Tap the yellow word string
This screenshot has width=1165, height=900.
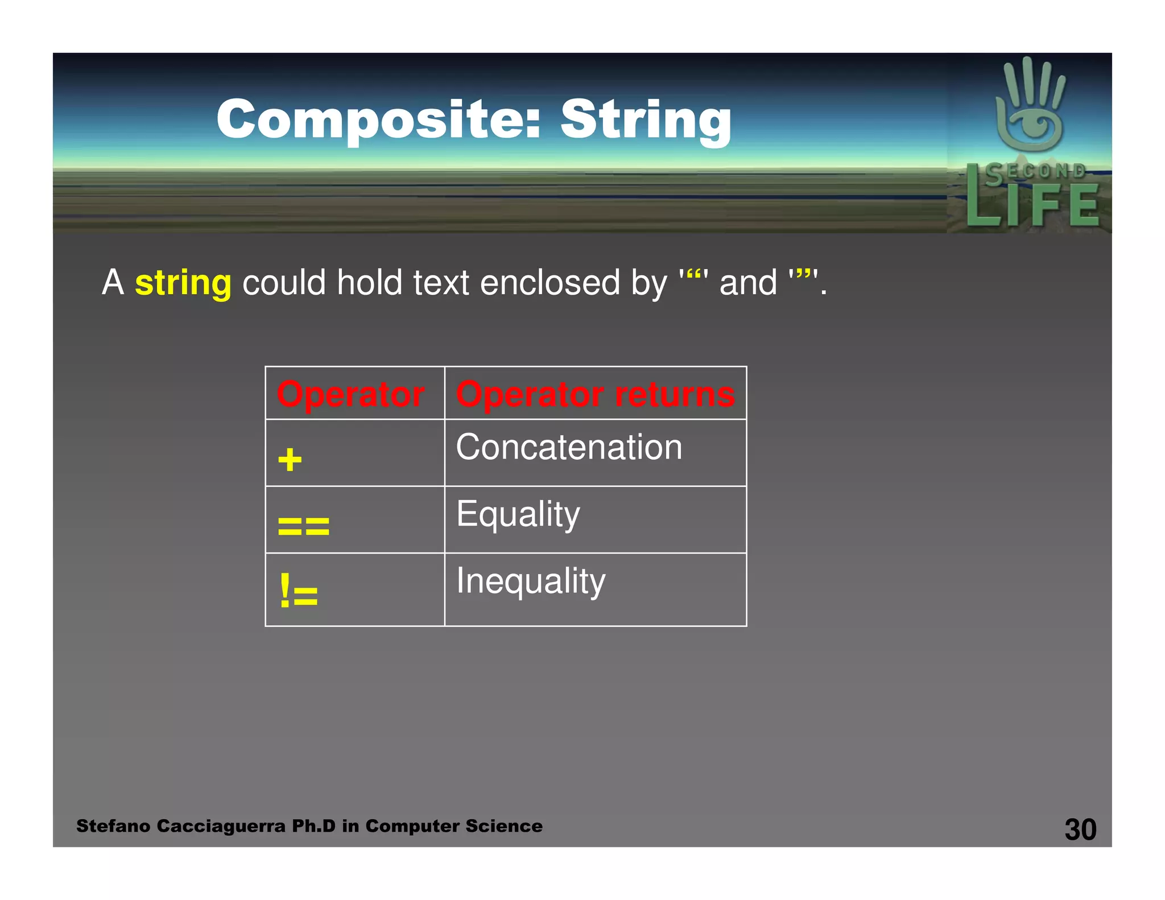[183, 283]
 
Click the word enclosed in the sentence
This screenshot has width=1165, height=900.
[550, 283]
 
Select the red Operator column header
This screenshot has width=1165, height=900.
[350, 394]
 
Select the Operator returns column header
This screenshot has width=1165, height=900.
[595, 394]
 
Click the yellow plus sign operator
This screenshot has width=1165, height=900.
[290, 460]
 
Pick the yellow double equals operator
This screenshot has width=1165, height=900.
[303, 526]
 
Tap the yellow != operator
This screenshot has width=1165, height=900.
[299, 592]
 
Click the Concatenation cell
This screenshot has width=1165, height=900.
[569, 447]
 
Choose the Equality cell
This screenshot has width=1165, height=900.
[518, 514]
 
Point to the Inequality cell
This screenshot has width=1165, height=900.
[531, 581]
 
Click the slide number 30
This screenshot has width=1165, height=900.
[1080, 829]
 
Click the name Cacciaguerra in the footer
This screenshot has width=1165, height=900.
[221, 826]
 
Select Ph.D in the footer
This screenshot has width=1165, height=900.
[313, 826]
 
